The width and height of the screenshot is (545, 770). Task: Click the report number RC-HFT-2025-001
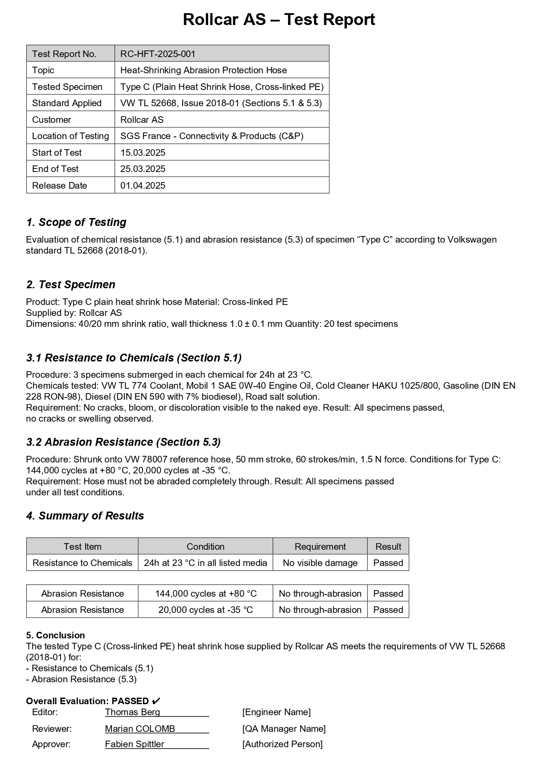[x=158, y=54]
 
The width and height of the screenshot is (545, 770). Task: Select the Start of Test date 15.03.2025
[x=143, y=153]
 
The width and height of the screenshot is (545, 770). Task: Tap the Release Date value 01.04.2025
[x=143, y=186]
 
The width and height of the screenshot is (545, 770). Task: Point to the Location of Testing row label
[x=70, y=136]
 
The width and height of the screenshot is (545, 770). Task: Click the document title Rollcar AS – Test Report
[x=279, y=20]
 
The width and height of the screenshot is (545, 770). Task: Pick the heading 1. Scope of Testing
[x=76, y=222]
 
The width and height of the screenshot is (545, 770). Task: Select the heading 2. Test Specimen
[x=71, y=285]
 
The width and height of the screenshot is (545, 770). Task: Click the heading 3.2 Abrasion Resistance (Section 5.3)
[x=123, y=442]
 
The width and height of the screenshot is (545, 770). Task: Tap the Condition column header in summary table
[x=205, y=547]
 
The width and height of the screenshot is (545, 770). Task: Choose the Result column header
[x=388, y=547]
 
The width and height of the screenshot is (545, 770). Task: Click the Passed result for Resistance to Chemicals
[x=388, y=563]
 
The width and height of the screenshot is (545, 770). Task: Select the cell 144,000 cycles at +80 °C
[x=206, y=594]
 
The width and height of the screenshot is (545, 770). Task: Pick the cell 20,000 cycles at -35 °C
[x=206, y=610]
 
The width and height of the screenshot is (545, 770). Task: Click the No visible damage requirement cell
[x=320, y=563]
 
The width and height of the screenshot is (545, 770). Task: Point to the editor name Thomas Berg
[x=133, y=712]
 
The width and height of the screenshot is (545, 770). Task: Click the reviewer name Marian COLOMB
[x=140, y=729]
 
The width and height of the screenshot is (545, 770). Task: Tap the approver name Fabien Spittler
[x=134, y=744]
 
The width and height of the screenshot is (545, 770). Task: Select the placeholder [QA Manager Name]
[x=284, y=729]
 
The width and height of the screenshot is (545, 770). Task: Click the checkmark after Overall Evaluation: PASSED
[x=156, y=701]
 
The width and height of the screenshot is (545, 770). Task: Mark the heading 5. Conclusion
[x=55, y=635]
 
